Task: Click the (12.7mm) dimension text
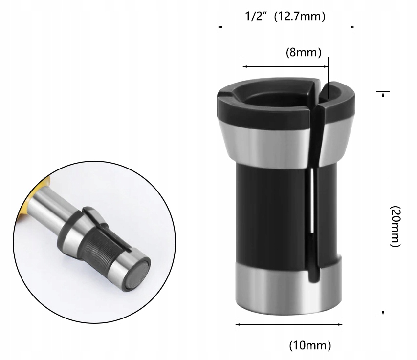[x=299, y=17]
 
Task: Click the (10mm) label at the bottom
[x=310, y=346]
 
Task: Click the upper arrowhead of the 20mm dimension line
[x=383, y=93]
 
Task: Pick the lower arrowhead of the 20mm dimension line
[x=383, y=314]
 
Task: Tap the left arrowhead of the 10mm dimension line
[x=238, y=323]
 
